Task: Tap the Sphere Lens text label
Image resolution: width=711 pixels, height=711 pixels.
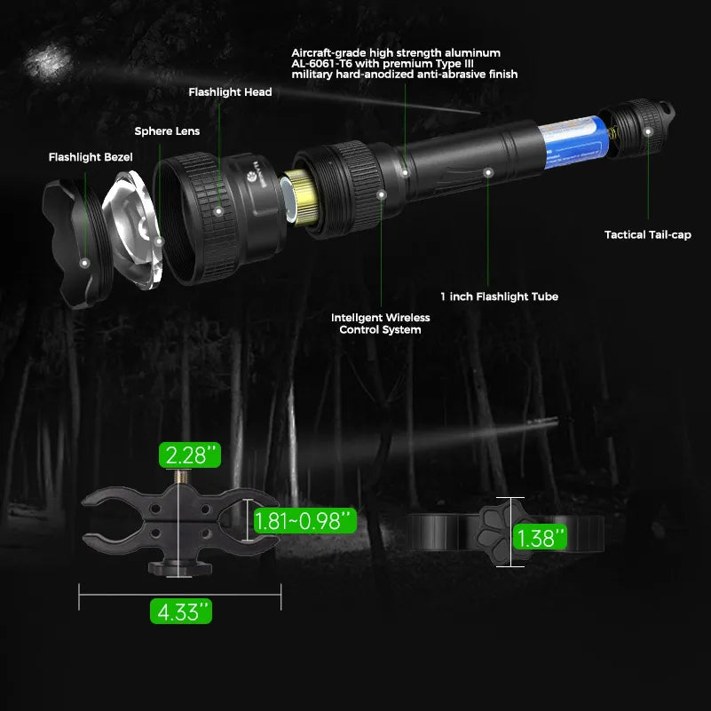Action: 167,131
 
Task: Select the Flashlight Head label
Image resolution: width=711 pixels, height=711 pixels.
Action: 230,91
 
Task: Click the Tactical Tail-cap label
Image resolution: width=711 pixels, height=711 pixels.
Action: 647,235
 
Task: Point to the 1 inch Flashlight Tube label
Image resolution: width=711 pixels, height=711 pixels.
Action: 499,296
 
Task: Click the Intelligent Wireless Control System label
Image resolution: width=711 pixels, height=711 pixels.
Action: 380,323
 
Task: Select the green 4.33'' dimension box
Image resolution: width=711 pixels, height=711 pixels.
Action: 181,611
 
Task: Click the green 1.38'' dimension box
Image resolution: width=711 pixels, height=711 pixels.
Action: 540,537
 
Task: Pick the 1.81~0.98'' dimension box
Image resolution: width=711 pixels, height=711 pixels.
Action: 304,520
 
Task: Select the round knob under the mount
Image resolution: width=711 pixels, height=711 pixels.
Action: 180,567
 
